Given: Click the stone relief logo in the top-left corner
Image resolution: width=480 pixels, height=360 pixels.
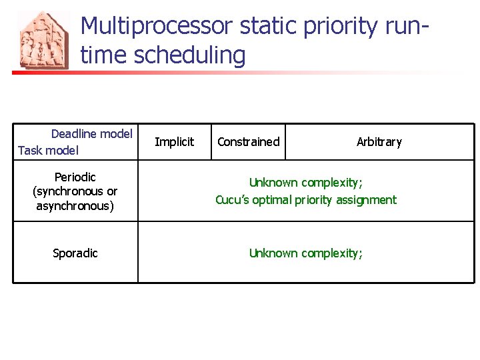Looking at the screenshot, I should pos(43,41).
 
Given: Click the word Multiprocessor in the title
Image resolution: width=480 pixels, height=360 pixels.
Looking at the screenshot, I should pos(157,27).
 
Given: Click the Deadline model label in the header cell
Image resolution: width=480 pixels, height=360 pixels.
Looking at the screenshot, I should pos(92,134).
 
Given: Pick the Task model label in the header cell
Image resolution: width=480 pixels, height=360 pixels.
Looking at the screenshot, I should pos(48,151).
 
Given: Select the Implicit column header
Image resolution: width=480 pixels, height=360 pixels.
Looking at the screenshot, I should pos(174,142).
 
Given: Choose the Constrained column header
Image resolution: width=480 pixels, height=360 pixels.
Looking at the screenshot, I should pos(248,142).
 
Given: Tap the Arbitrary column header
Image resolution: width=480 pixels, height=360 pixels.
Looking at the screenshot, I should pos(379,142).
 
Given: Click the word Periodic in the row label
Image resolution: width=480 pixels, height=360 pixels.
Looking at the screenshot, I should pos(75,177).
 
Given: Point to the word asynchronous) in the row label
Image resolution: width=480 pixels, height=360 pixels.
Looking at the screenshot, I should pos(75,206).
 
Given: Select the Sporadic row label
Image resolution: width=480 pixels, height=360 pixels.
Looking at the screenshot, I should pos(75,253).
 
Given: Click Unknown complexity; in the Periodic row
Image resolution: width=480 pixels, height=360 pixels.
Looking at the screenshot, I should pos(305,183).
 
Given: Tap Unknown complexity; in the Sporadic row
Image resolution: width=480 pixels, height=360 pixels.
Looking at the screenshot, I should pos(305,253).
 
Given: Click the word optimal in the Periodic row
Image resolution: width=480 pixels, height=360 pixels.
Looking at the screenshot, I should pos(272,200).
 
